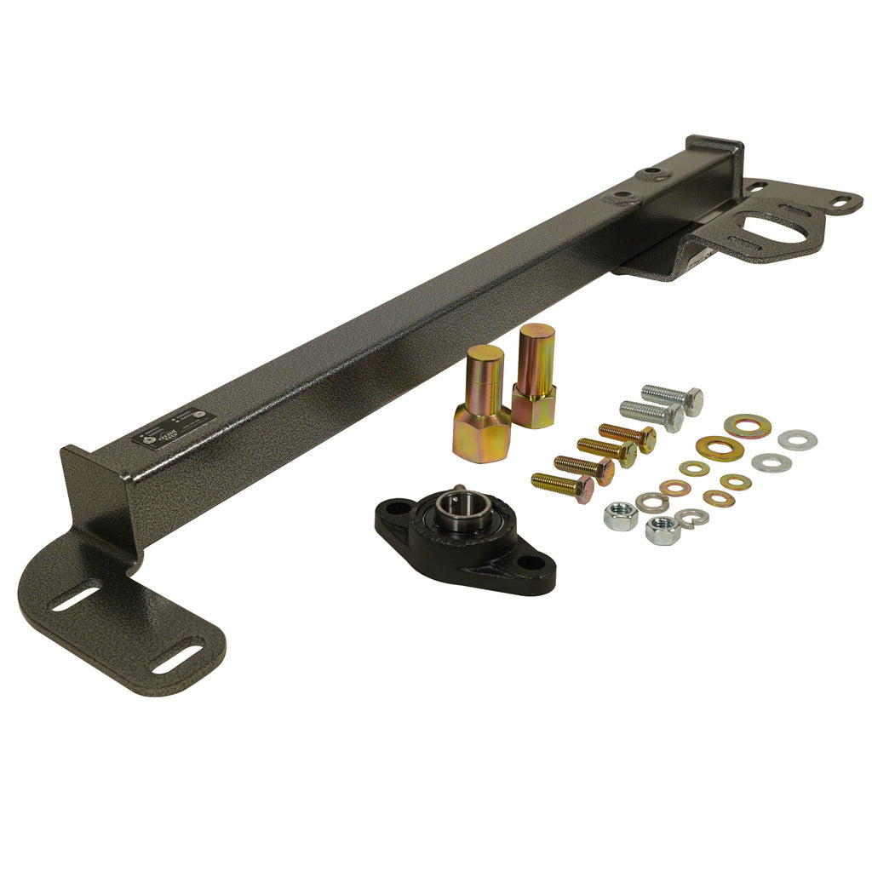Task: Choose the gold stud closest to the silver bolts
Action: [535, 374]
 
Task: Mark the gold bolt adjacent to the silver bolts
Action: [628, 435]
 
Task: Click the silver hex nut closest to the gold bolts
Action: [620, 514]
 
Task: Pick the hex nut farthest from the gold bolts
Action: [661, 531]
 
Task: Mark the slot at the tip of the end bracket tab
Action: [840, 202]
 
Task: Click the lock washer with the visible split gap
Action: [691, 516]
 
